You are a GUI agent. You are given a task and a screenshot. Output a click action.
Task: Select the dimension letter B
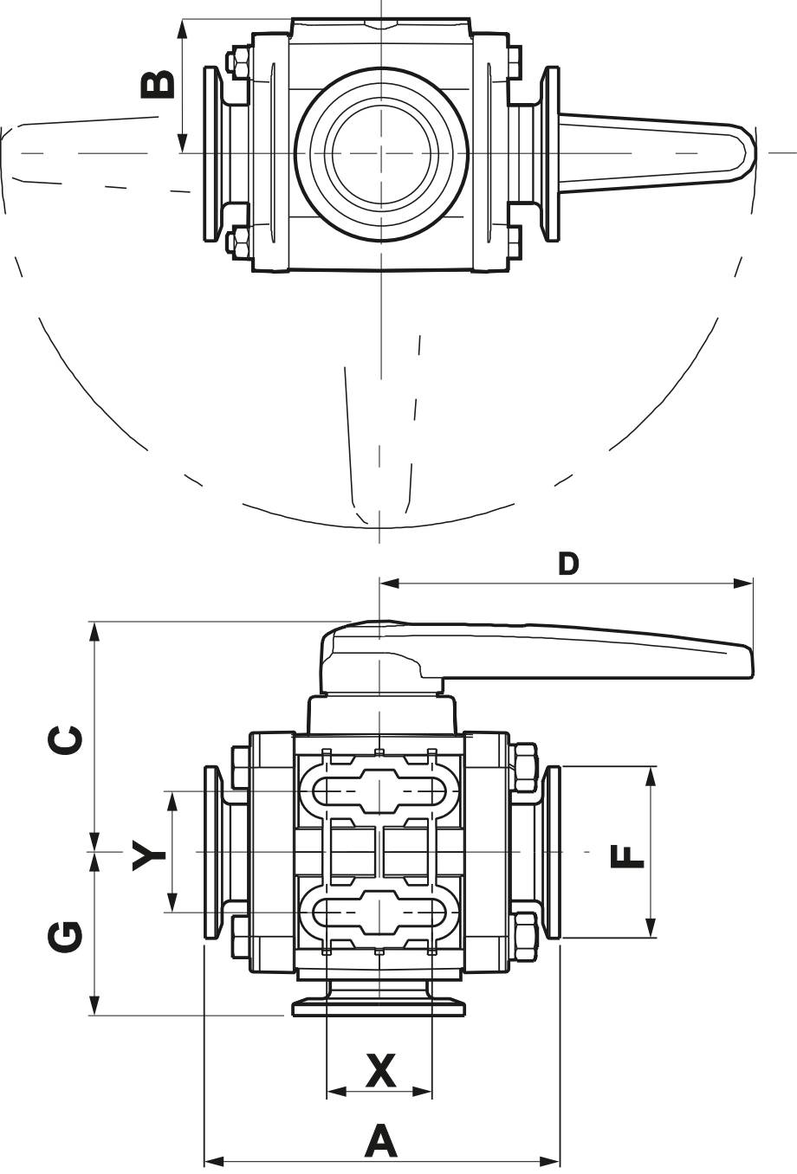click(159, 84)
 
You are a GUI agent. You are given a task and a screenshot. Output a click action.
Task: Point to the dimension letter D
click(567, 564)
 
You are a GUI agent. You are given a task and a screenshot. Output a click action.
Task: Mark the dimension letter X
click(379, 1071)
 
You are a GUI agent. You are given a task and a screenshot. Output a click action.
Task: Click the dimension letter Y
click(148, 856)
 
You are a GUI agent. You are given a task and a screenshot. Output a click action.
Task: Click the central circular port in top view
click(381, 152)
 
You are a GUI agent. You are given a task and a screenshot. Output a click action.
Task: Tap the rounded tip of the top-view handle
click(746, 152)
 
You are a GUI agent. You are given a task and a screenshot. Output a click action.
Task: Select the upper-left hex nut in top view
click(237, 62)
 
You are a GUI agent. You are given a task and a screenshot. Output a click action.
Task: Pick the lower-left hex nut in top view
click(237, 241)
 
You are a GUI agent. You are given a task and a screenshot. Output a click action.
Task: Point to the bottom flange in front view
click(379, 1007)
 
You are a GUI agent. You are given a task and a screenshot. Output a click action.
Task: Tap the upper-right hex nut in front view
click(525, 766)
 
